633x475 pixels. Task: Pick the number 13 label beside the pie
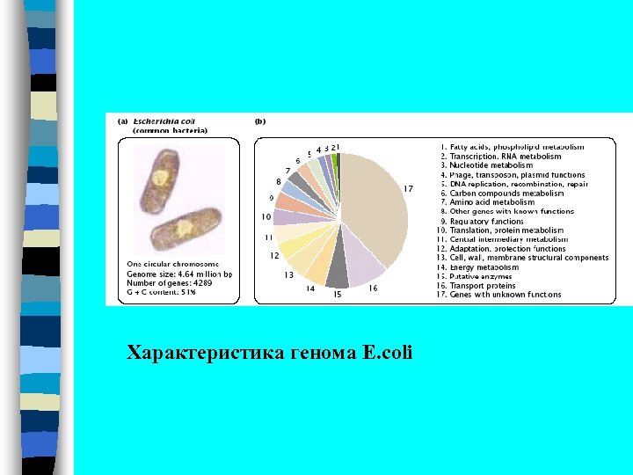click(x=288, y=275)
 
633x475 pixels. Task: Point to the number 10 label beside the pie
click(x=265, y=216)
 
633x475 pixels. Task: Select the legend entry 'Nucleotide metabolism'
click(x=487, y=164)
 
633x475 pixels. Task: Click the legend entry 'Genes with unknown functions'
click(x=500, y=295)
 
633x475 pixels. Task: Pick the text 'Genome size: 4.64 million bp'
click(x=179, y=274)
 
